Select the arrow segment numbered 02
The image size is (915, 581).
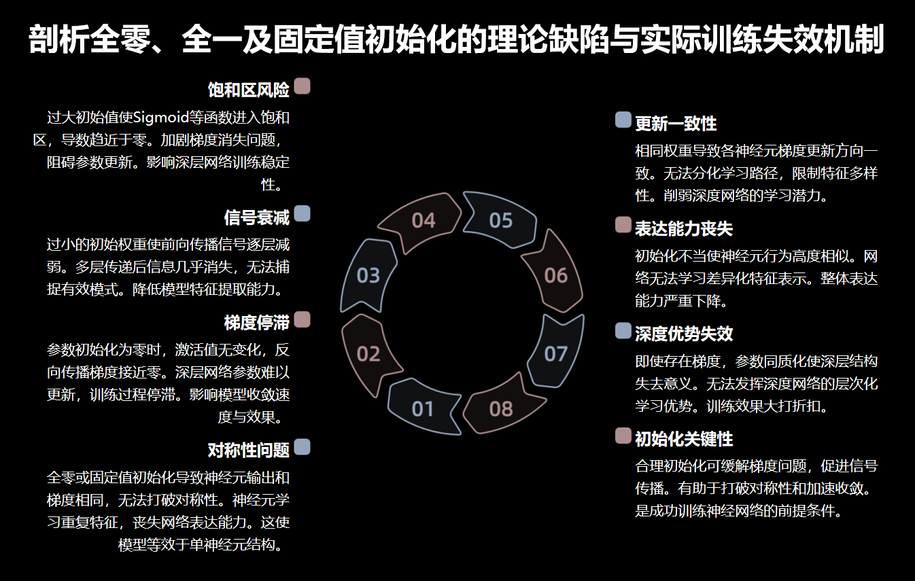[x=368, y=353]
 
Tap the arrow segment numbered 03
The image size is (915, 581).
[x=368, y=275]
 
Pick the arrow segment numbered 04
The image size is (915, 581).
[x=423, y=220]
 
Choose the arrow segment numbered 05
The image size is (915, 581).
[x=501, y=220]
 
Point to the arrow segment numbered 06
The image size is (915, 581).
[x=556, y=275]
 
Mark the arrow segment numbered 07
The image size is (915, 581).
[x=556, y=353]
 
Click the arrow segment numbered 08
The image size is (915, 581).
[x=501, y=408]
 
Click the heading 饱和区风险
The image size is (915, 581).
[x=249, y=90]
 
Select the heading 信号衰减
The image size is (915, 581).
[x=257, y=217]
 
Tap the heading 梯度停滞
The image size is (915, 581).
[x=257, y=323]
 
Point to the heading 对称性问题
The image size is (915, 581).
[x=249, y=450]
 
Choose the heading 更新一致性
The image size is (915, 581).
[x=676, y=124]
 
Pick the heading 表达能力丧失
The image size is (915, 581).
[x=684, y=228]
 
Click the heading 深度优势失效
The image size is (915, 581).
[x=684, y=334]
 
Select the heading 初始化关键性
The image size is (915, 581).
[x=684, y=439]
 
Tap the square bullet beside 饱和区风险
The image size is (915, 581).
[x=303, y=86]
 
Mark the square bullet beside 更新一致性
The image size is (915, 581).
[x=623, y=120]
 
